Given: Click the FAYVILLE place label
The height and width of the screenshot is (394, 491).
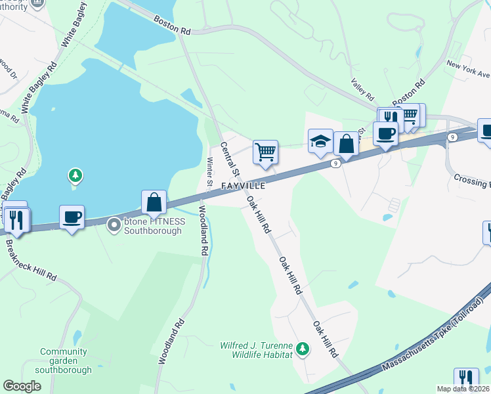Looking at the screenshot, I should point(243,186).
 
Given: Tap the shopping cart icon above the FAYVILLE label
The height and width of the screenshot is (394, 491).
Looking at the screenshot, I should point(265,152).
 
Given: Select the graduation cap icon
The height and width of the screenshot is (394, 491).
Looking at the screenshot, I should point(320,142).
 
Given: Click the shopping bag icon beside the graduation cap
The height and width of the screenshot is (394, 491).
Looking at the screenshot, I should point(346,144).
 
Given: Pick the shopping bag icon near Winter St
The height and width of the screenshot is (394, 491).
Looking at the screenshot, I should point(154,202).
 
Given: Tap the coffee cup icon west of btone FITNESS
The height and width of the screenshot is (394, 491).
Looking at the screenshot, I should point(72,217).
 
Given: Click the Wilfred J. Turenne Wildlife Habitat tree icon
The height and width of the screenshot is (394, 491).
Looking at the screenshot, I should point(302,347).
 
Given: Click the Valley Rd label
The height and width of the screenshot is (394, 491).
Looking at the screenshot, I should point(362,87).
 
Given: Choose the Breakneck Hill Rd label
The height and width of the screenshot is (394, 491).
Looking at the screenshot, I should point(30,259).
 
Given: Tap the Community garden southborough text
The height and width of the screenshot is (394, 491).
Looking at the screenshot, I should point(63,361).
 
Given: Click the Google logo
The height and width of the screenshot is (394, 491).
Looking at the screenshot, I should point(22,386).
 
